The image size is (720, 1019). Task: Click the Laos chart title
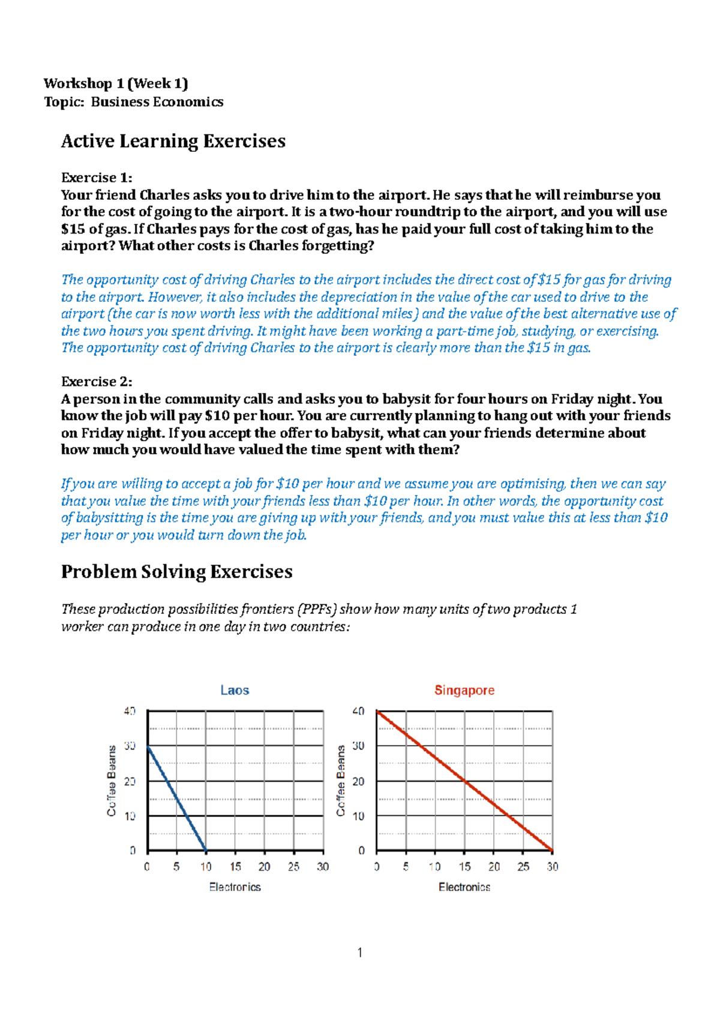tap(235, 690)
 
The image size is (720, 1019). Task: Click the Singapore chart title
tap(464, 690)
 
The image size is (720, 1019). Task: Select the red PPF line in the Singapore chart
tap(465, 781)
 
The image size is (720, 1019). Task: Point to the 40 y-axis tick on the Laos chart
tap(130, 711)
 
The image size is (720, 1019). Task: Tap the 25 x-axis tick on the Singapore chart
tap(523, 867)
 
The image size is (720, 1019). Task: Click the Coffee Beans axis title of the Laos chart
tap(112, 781)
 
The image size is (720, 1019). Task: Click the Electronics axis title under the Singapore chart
tap(464, 887)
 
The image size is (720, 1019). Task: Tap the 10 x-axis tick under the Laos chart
tap(206, 867)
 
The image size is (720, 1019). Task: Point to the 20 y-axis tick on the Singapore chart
tap(358, 781)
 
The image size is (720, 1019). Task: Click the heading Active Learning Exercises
tap(173, 141)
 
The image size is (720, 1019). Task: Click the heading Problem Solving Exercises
tap(176, 571)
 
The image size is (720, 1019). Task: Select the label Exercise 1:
tap(97, 178)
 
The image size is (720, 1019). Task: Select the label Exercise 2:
tap(97, 382)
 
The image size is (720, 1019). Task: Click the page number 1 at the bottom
tap(359, 952)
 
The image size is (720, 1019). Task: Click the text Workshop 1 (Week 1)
tap(116, 83)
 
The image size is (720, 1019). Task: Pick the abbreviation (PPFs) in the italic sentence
tap(316, 609)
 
